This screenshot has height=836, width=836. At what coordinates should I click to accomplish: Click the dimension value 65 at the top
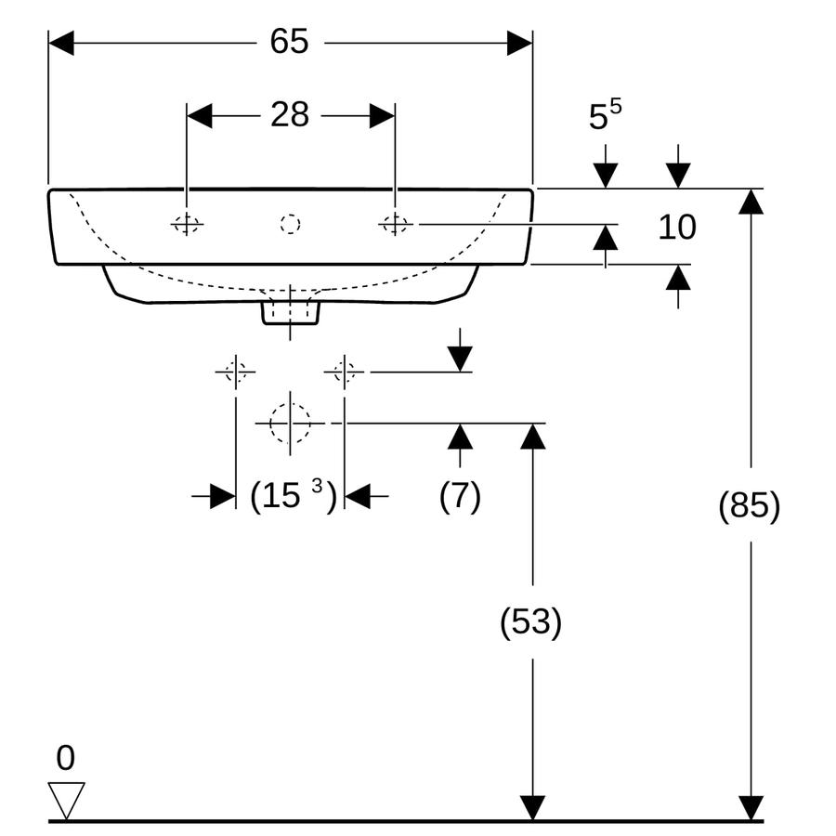tap(289, 41)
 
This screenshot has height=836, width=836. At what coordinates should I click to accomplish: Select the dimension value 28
tap(290, 114)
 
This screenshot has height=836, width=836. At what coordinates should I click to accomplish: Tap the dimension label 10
tap(677, 228)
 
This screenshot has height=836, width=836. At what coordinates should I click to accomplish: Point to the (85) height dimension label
tap(750, 505)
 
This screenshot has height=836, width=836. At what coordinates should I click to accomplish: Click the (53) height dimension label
tap(531, 621)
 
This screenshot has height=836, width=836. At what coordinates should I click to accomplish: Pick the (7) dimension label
tap(460, 496)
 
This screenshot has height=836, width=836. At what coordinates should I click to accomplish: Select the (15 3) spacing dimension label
tap(294, 496)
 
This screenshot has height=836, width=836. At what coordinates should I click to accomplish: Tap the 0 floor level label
tap(66, 758)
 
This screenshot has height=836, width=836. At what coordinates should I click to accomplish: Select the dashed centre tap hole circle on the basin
tap(290, 224)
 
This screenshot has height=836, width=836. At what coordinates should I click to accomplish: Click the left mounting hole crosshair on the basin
tap(187, 225)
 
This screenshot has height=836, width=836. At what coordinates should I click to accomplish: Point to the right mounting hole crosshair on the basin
tap(395, 225)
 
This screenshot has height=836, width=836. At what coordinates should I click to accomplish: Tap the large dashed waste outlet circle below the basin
tap(290, 424)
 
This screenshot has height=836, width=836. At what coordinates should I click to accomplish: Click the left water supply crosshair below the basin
tap(236, 372)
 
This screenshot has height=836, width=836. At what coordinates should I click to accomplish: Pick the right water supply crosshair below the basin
tap(344, 372)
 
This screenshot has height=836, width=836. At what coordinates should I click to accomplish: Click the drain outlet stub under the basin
tap(290, 313)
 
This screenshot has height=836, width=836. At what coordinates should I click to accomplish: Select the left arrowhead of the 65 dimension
tap(60, 43)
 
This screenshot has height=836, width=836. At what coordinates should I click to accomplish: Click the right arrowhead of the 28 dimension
tap(383, 116)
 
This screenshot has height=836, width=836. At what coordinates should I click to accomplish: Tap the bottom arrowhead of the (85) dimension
tap(751, 808)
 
